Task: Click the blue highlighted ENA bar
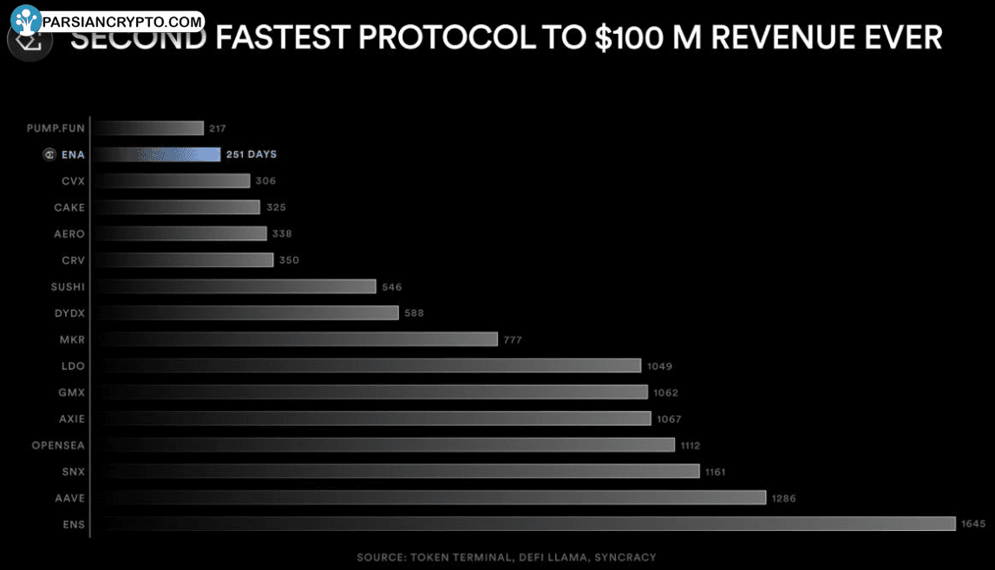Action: (x=156, y=154)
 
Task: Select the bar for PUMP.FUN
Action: (x=148, y=128)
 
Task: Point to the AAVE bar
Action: (x=429, y=497)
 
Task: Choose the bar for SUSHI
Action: (x=234, y=286)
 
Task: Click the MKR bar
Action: (x=295, y=339)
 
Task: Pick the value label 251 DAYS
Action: (x=251, y=154)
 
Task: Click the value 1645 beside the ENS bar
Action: (x=972, y=524)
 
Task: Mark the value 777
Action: (x=513, y=340)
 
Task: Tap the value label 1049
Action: (x=659, y=366)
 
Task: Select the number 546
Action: (x=392, y=287)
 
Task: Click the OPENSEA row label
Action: (x=58, y=445)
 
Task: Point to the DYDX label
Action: (x=69, y=313)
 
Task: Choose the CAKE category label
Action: (x=69, y=207)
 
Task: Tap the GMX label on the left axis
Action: (x=71, y=392)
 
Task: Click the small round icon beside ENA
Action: (x=49, y=154)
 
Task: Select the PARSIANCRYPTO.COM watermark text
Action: (x=121, y=20)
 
